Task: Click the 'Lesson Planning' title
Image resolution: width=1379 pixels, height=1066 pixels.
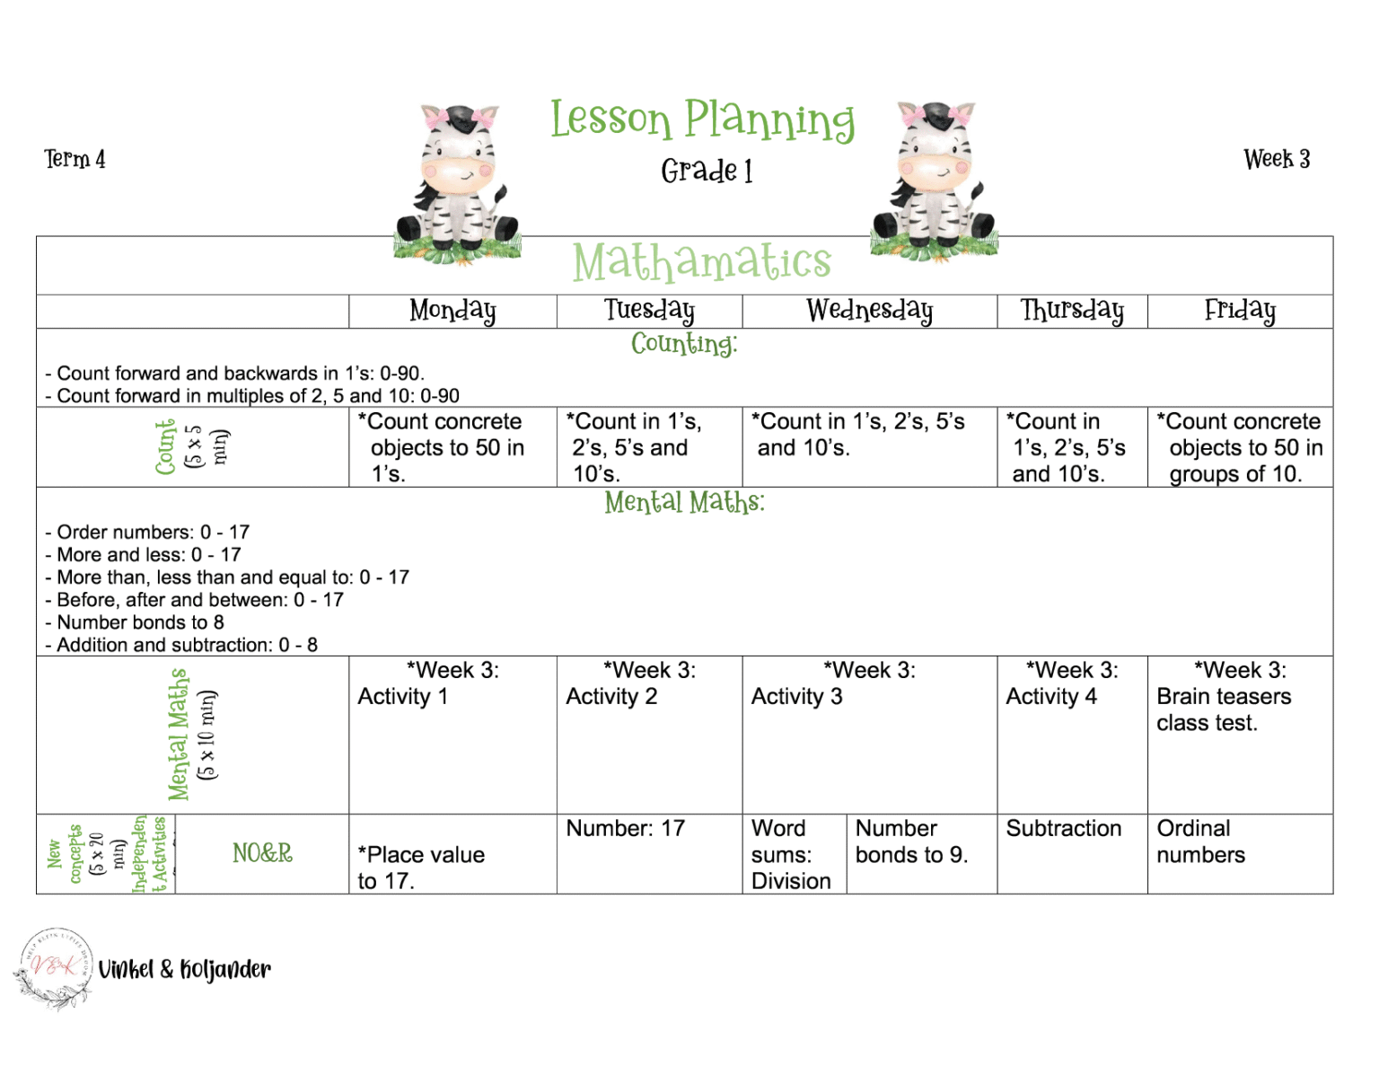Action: [702, 120]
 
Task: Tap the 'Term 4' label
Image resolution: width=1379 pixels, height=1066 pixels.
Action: [75, 160]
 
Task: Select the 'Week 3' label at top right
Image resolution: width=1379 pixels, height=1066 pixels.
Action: [1276, 160]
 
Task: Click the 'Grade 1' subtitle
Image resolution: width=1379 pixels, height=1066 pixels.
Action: [707, 171]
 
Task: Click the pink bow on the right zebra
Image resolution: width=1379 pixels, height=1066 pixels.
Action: [961, 116]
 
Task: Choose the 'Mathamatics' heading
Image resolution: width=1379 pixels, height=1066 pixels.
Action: [702, 262]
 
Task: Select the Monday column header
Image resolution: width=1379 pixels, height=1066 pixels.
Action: [452, 311]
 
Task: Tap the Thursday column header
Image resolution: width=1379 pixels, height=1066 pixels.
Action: [1072, 311]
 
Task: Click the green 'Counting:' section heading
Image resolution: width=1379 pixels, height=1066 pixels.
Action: [684, 344]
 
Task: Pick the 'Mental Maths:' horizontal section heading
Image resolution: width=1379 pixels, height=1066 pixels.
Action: [684, 502]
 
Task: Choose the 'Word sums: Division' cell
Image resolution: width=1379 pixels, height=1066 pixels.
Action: [791, 854]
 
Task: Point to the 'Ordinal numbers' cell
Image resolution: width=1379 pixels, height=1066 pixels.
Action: [1200, 841]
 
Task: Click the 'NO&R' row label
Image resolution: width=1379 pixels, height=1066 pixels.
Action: [262, 853]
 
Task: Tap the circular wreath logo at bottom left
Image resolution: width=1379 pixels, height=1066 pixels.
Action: [54, 969]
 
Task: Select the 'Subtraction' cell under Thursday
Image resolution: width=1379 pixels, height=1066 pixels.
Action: [1063, 828]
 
